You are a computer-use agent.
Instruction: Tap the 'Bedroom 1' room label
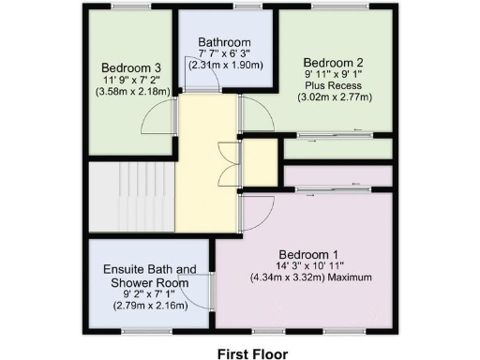coord(308,254)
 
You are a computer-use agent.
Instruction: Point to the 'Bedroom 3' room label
coord(130,67)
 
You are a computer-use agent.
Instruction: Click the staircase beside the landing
coord(131,196)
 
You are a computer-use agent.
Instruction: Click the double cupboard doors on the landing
coord(224,163)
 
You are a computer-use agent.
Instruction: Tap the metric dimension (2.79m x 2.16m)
coord(149,307)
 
